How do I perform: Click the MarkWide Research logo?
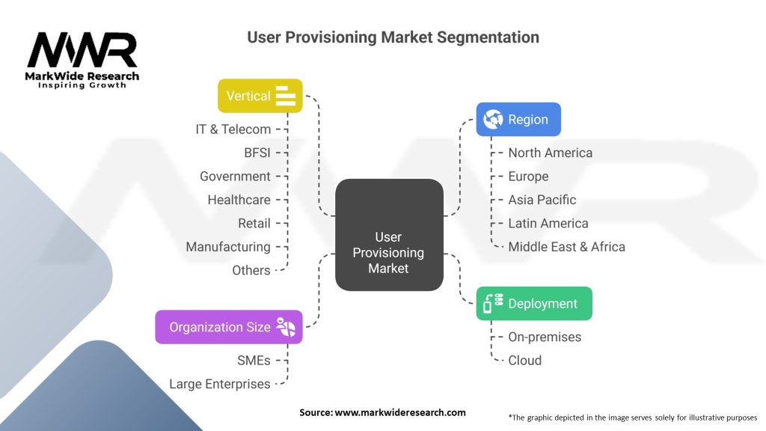pyautogui.click(x=82, y=59)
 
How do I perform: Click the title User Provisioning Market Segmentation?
pyautogui.click(x=393, y=37)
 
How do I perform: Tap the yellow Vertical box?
pyautogui.click(x=260, y=96)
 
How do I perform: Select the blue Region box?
pyautogui.click(x=518, y=119)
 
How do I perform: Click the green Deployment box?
pyautogui.click(x=534, y=304)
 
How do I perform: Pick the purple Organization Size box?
pyautogui.click(x=229, y=327)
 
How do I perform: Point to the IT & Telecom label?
pyautogui.click(x=233, y=129)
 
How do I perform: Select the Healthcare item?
pyautogui.click(x=239, y=200)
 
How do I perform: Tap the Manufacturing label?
pyautogui.click(x=228, y=246)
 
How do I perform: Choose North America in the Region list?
pyautogui.click(x=550, y=153)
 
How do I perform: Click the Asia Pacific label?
pyautogui.click(x=542, y=200)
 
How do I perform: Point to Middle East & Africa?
pyautogui.click(x=566, y=246)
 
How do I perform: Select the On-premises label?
pyautogui.click(x=545, y=337)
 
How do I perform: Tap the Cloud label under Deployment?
pyautogui.click(x=524, y=360)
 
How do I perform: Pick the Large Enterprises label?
pyautogui.click(x=220, y=384)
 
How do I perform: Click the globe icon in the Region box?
pyautogui.click(x=494, y=119)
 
